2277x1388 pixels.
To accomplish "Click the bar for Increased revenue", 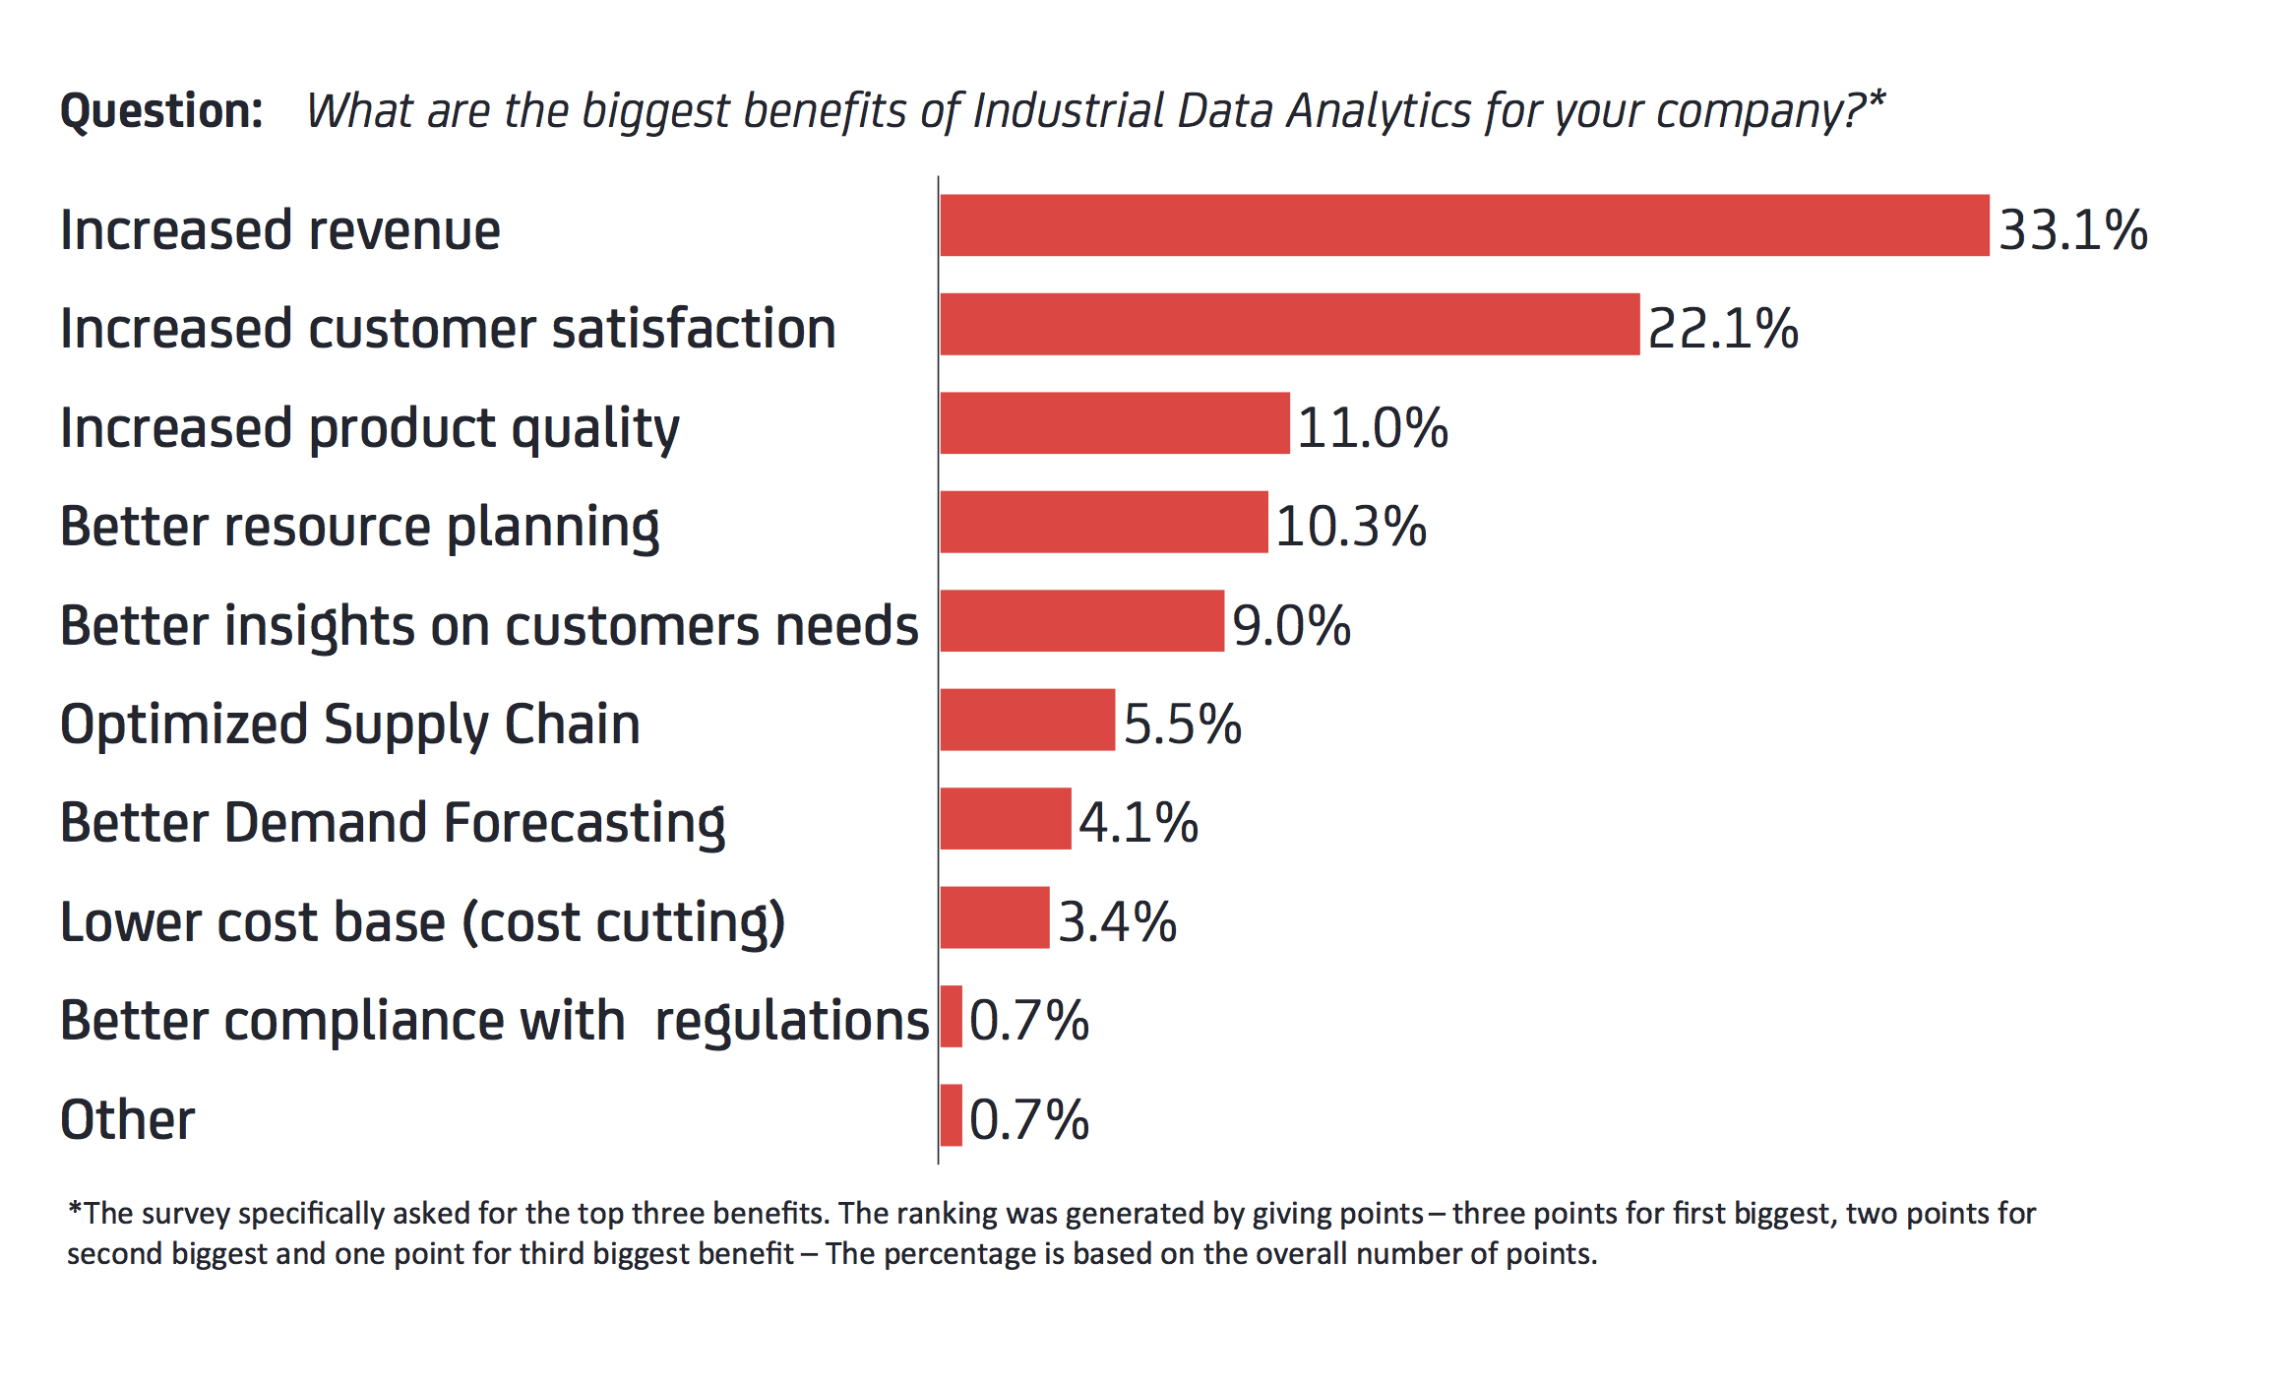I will coord(1464,225).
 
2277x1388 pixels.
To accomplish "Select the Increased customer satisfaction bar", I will coord(1289,324).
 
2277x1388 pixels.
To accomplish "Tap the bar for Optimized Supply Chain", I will coord(1027,720).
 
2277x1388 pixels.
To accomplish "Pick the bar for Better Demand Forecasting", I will coord(1005,818).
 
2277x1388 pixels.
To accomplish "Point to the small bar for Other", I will coord(951,1115).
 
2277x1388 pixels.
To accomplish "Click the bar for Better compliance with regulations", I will coord(951,1016).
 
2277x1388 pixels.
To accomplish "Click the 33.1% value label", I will coord(2072,230).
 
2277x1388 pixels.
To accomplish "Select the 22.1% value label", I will coord(1722,329).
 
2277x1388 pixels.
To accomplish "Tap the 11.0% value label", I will coord(1372,428).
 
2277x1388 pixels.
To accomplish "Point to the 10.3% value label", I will coord(1350,527).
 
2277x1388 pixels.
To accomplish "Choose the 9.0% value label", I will coord(1291,626).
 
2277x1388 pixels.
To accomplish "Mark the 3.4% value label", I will coord(1117,922).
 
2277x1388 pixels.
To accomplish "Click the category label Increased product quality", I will coord(369,428).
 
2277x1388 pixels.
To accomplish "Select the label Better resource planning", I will coord(359,527).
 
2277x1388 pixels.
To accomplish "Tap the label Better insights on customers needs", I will coord(489,626).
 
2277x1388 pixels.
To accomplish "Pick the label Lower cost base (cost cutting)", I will coord(422,922).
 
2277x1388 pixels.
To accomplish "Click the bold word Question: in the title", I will coord(161,110).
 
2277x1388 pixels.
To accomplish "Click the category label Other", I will coord(127,1120).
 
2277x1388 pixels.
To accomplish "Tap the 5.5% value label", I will coord(1182,725).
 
